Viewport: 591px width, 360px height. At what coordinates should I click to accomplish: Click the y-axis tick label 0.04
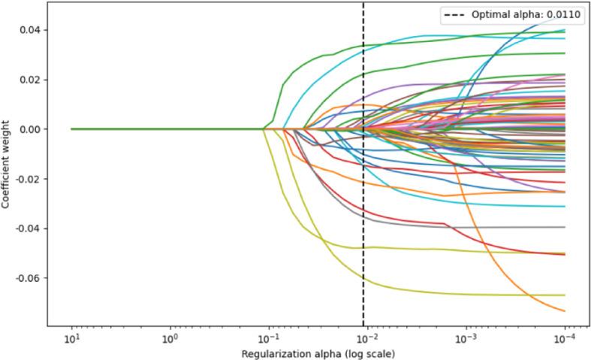[x=30, y=30]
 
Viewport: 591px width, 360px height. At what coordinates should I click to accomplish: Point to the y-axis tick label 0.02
[x=30, y=80]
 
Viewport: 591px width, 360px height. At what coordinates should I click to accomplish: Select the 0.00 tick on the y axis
[x=30, y=129]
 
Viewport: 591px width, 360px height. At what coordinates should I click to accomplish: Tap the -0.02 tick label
[x=28, y=179]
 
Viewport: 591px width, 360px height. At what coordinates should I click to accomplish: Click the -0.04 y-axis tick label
[x=28, y=228]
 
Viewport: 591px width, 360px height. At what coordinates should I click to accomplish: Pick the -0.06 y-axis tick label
[x=28, y=278]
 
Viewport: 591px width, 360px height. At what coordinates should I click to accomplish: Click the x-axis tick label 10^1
[x=72, y=338]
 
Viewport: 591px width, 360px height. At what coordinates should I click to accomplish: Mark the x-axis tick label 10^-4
[x=565, y=338]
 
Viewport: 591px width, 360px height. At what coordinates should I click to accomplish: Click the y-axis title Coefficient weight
[x=7, y=165]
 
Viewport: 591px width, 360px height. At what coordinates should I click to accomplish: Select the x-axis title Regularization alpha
[x=318, y=352]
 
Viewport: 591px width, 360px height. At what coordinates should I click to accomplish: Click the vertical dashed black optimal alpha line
[x=363, y=188]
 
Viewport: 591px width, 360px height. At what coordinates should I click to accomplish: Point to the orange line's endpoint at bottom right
[x=564, y=310]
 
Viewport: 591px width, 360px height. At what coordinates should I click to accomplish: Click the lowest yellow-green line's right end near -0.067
[x=564, y=295]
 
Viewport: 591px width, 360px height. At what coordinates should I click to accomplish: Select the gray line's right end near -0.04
[x=564, y=227]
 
